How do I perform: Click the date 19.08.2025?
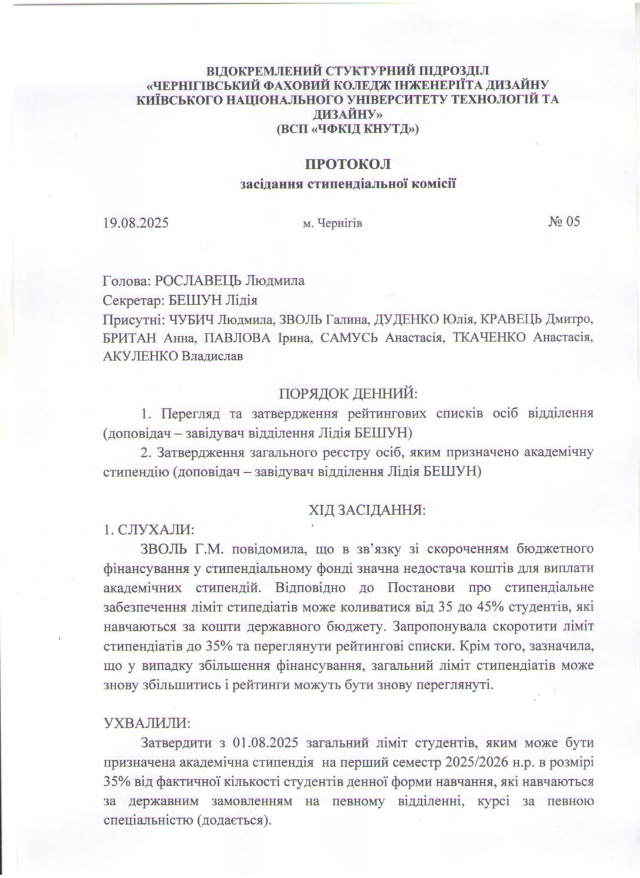(x=135, y=223)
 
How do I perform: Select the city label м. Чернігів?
(x=332, y=223)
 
